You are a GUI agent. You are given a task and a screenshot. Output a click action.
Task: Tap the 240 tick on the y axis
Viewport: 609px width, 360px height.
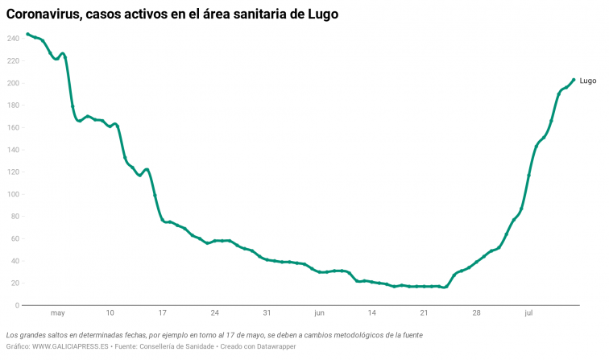(x=12, y=39)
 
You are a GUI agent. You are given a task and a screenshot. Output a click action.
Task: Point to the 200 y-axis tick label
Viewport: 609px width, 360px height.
(x=12, y=83)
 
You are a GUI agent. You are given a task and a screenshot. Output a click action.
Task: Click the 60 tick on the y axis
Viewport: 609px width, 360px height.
(x=14, y=238)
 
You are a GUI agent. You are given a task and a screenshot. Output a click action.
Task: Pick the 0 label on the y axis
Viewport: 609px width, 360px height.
(x=16, y=305)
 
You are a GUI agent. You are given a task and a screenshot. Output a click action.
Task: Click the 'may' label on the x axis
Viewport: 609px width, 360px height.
(x=57, y=313)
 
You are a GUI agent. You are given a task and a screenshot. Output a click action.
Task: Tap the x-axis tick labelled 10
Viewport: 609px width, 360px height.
(x=110, y=313)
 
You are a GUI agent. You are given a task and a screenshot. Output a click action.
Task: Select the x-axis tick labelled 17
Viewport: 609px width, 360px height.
(x=162, y=313)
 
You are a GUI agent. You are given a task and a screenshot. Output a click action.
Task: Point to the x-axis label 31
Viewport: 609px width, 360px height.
(x=267, y=313)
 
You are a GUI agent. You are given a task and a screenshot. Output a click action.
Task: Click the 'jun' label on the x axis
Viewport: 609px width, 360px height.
(x=320, y=313)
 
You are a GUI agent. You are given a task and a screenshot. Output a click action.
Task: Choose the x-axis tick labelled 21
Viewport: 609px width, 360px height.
(x=425, y=313)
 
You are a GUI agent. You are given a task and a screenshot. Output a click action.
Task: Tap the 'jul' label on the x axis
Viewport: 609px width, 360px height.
(x=529, y=313)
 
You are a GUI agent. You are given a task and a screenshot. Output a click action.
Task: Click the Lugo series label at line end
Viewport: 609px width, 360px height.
(x=588, y=81)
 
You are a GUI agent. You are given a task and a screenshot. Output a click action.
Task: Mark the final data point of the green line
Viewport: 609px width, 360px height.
(x=574, y=80)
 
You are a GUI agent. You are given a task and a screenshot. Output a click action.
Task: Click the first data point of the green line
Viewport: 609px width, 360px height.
(x=27, y=34)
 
